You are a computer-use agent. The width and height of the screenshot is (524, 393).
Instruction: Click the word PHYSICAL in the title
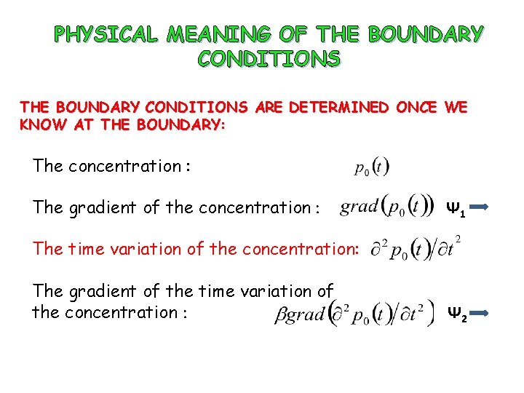107,34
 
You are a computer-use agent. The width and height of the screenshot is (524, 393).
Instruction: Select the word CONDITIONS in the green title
269,59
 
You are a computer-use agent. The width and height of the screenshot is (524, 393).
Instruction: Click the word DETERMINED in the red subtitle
340,108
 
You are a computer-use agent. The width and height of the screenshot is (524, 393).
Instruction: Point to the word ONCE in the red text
416,108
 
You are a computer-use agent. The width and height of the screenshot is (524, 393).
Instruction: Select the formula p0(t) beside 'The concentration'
372,168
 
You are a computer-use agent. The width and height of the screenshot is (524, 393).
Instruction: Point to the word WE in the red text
455,108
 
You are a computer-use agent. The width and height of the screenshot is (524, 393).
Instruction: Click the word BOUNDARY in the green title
426,34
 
